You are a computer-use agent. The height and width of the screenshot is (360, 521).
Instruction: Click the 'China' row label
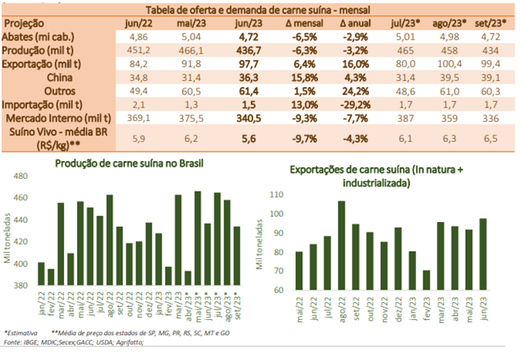62,77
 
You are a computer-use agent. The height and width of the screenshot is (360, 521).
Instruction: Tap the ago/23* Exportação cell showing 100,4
443,63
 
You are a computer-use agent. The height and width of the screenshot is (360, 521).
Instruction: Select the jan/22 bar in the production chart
42,273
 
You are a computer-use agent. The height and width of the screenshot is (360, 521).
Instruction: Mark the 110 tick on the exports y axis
277,195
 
